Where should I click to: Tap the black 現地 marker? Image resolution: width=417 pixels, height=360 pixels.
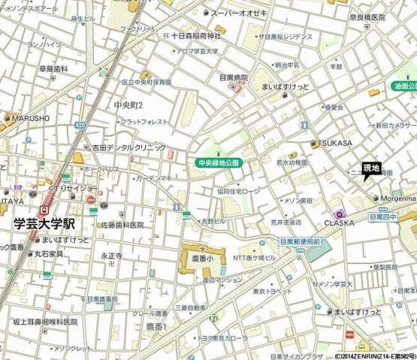(x=371, y=168)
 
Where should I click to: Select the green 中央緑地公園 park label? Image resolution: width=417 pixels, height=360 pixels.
(x=218, y=162)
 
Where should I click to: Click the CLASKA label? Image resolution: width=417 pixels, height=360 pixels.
(x=339, y=222)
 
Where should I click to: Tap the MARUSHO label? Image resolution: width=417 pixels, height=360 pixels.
(x=30, y=118)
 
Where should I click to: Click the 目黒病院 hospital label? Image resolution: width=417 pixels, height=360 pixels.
(x=234, y=77)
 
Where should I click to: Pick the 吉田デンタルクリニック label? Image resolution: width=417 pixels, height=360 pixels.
(x=128, y=148)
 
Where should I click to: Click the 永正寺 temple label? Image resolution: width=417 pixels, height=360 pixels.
(x=111, y=256)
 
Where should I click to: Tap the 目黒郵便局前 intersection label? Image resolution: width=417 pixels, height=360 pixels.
(x=301, y=242)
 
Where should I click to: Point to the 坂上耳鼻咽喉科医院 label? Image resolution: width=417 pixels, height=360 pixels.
(x=45, y=322)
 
